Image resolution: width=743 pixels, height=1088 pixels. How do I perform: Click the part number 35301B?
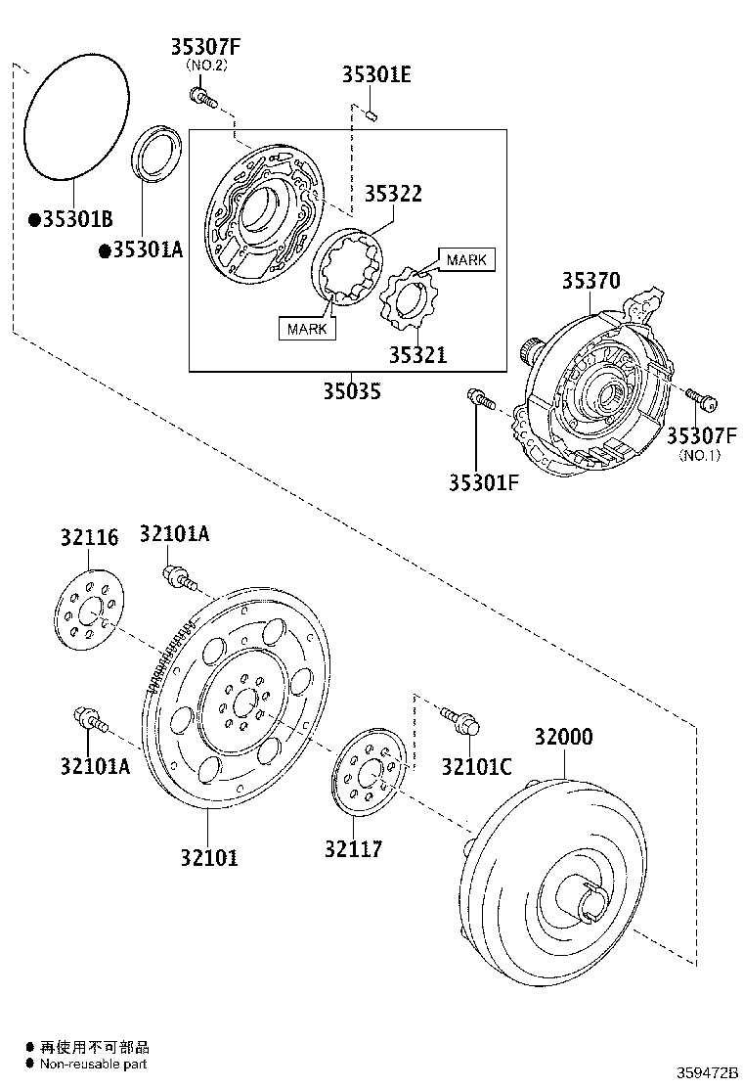pyautogui.click(x=77, y=219)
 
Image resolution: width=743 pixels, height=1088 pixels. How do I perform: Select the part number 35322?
pyautogui.click(x=393, y=194)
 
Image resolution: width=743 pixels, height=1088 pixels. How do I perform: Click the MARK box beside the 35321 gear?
pyautogui.click(x=466, y=259)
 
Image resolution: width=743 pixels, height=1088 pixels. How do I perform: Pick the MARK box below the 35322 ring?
pyautogui.click(x=307, y=328)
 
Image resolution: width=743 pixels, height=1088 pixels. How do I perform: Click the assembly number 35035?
pyautogui.click(x=352, y=392)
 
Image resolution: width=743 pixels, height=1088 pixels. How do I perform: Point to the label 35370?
pyautogui.click(x=590, y=282)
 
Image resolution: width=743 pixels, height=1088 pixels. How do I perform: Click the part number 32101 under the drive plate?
pyautogui.click(x=208, y=857)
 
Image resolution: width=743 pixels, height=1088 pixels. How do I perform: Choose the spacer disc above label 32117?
pyautogui.click(x=370, y=770)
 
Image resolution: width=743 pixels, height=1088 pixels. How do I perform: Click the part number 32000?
pyautogui.click(x=563, y=737)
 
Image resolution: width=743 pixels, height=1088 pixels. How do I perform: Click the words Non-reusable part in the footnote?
pyautogui.click(x=94, y=1064)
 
